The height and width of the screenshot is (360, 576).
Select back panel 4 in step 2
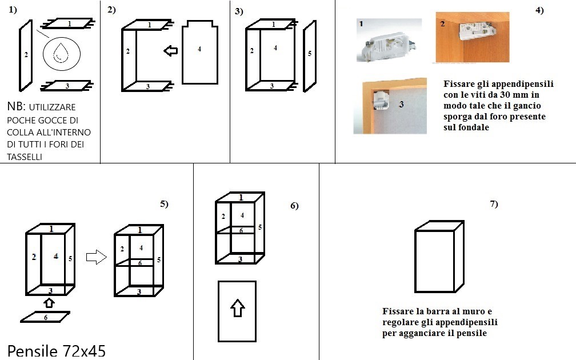[x=199, y=53]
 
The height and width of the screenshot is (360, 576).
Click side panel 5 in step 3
[x=309, y=55]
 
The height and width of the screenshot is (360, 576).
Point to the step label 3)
[x=239, y=11]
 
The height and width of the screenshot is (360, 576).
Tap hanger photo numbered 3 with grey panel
[x=390, y=106]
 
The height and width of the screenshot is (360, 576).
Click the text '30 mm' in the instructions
[x=524, y=94]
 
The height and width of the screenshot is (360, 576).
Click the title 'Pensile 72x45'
[x=57, y=350]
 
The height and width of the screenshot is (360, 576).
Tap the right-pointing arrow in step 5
[x=96, y=258]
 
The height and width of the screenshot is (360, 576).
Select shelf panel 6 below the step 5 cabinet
[x=45, y=317]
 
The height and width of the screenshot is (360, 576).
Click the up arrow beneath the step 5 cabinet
[x=49, y=302]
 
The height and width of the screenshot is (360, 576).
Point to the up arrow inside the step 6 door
[x=237, y=309]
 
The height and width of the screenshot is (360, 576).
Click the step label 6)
[x=294, y=206]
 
